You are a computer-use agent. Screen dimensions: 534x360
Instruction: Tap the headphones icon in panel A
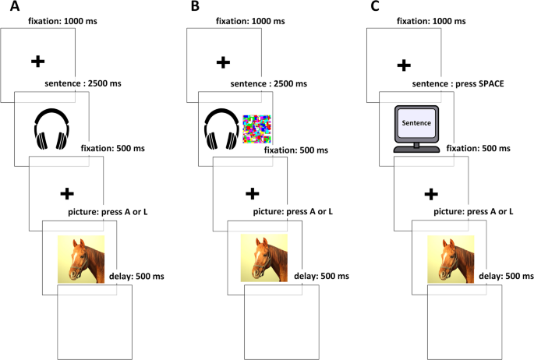pos(52,128)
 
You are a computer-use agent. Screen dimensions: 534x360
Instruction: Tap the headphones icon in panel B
pos(221,128)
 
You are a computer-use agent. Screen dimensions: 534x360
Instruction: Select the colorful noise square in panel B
pos(258,129)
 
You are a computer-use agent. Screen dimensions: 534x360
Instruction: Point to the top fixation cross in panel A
pos(37,61)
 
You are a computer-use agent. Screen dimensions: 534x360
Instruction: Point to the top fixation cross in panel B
pos(223,61)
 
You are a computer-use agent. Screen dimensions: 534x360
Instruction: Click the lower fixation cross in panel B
pos(252,193)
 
